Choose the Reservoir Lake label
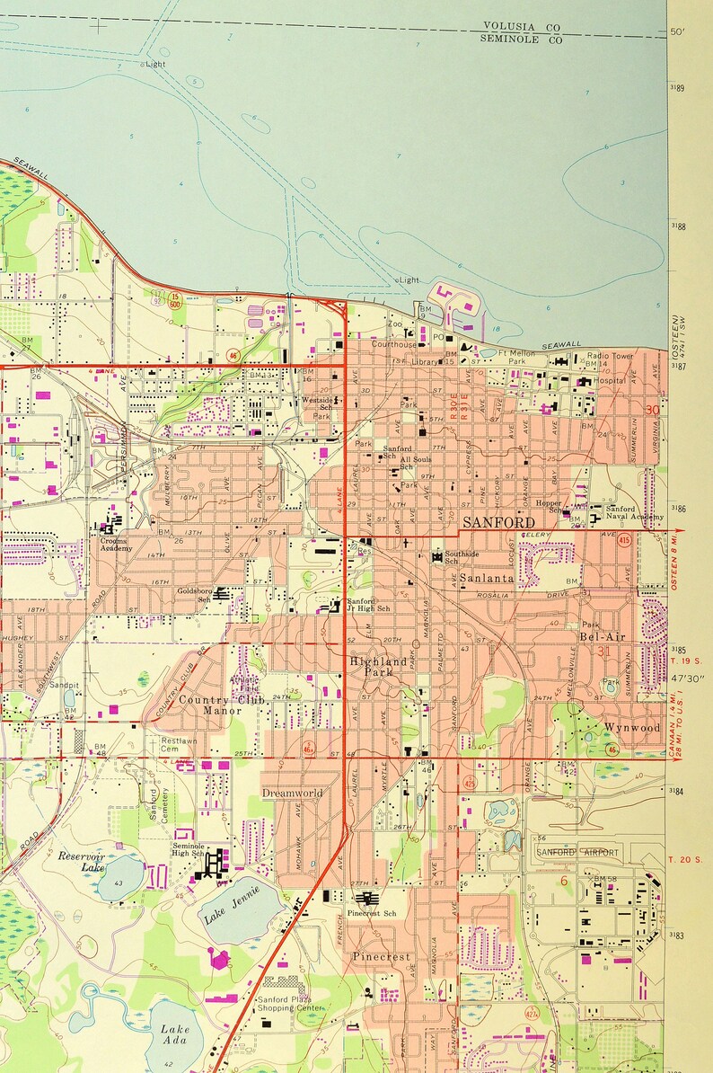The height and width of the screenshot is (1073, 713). click(x=83, y=862)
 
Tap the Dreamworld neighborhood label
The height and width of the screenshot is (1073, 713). click(x=291, y=793)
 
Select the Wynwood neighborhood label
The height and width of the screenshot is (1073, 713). click(x=632, y=727)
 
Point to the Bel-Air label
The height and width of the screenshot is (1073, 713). click(x=601, y=636)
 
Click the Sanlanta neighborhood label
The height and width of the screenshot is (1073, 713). click(x=488, y=579)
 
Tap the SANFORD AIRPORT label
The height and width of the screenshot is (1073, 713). click(x=577, y=851)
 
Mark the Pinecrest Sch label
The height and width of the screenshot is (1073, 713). click(x=371, y=913)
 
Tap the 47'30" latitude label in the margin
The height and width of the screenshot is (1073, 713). click(x=689, y=680)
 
